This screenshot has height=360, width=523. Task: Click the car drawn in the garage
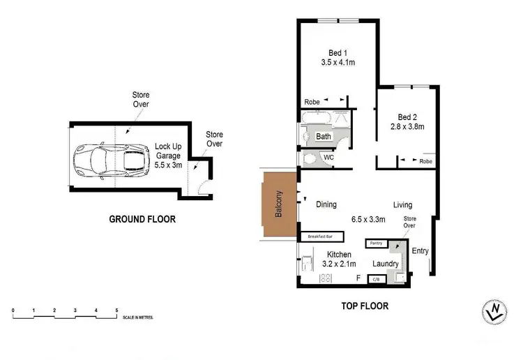coord(112,159)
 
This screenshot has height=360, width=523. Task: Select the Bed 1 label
coord(338,52)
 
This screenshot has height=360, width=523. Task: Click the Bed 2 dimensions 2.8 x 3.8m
coord(407,126)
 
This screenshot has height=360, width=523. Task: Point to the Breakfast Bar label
coord(318,237)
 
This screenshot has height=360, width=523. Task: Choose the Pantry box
coord(377,243)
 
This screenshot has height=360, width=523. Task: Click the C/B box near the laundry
coord(376,279)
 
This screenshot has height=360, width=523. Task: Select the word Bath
coord(324,137)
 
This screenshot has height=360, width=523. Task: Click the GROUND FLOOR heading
coord(142,219)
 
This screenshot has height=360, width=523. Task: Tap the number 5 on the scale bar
coord(116,308)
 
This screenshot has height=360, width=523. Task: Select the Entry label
coord(420,251)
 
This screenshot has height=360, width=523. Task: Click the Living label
coord(402,205)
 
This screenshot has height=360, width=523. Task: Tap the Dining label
coord(326,205)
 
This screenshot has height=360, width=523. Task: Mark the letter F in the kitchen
coord(358,278)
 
